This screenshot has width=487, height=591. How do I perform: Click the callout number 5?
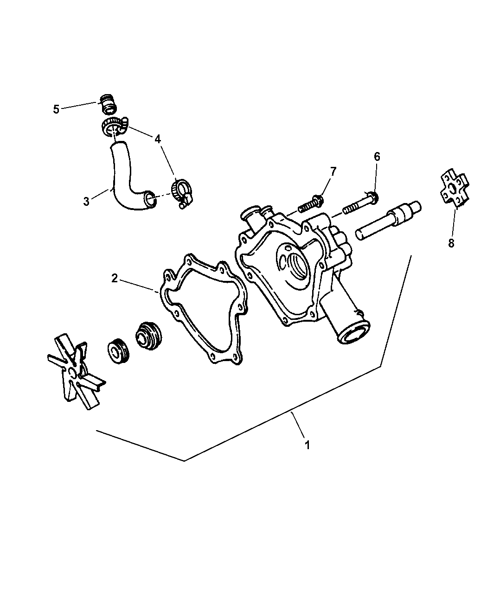click(56, 109)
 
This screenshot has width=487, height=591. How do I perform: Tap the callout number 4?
click(158, 139)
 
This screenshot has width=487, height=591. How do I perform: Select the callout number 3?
click(86, 201)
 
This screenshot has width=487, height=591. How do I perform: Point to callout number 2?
click(114, 279)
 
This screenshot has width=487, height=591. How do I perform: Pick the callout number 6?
click(377, 156)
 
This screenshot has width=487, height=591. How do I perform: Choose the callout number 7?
click(333, 171)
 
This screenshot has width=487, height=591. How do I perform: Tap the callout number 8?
click(451, 243)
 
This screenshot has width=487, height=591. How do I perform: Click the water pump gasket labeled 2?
click(204, 309)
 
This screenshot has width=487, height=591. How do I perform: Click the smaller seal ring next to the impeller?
click(119, 351)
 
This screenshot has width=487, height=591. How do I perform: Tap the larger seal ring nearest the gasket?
click(149, 336)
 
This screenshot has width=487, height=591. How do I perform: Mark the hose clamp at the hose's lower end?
click(182, 193)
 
